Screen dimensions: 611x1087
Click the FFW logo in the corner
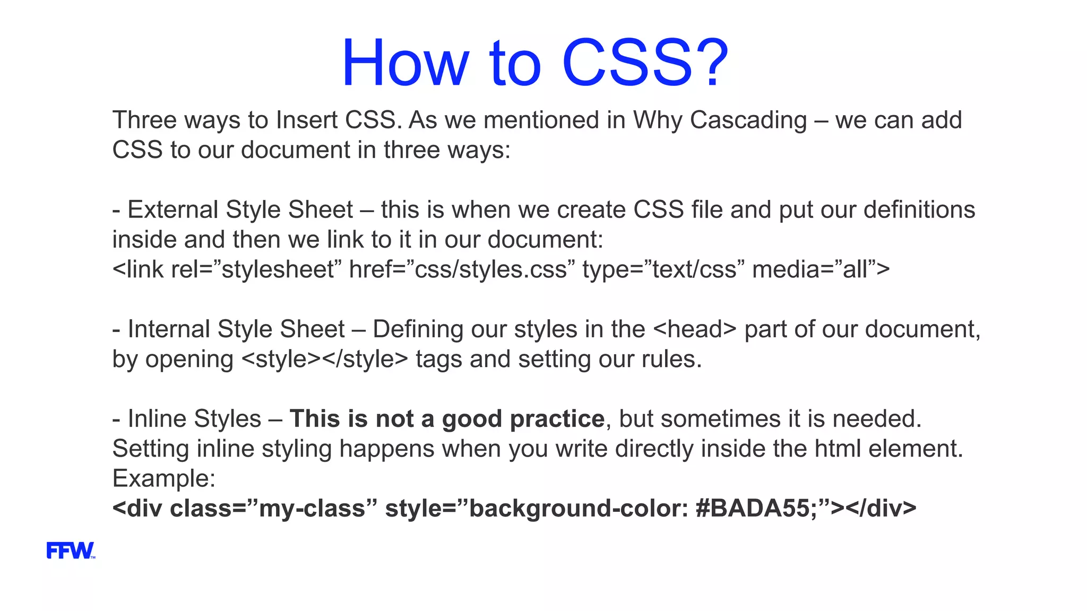[70, 551]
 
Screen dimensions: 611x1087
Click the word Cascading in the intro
[748, 120]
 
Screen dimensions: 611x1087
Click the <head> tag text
[695, 329]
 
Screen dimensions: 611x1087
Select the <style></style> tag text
[325, 360]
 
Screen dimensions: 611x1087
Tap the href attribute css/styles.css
[490, 270]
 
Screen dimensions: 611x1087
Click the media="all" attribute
[820, 270]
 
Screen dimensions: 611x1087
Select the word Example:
[163, 478]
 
